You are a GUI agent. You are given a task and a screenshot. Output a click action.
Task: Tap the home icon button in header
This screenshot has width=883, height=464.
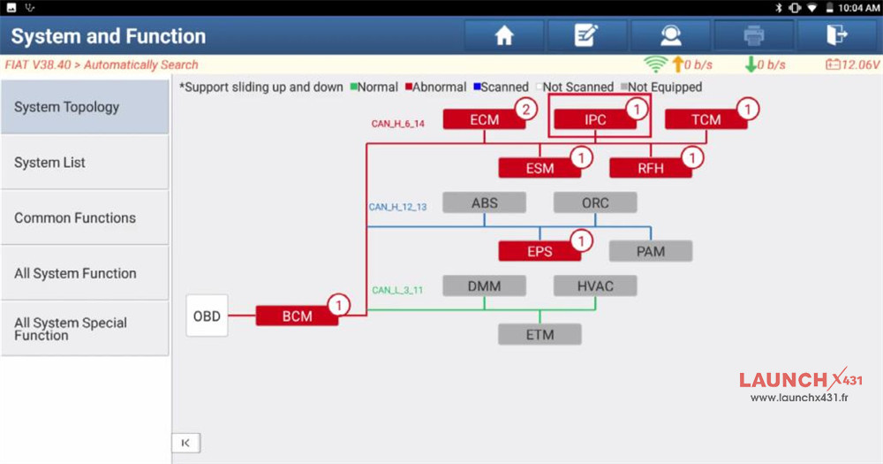tap(504, 36)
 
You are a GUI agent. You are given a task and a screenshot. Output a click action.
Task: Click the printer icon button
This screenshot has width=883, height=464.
tap(753, 36)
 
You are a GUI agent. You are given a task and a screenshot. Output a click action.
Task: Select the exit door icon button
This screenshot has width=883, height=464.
tap(835, 36)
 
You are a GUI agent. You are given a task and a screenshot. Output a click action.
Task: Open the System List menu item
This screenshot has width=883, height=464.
tap(85, 163)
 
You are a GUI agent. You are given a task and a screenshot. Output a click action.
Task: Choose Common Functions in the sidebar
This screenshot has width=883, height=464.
tap(85, 218)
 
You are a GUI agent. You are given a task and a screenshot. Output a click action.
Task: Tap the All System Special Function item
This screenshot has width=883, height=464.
tap(85, 329)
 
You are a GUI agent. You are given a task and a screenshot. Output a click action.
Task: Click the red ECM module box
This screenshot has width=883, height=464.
tap(484, 120)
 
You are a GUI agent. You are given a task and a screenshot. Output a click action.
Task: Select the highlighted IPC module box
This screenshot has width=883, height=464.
tap(595, 120)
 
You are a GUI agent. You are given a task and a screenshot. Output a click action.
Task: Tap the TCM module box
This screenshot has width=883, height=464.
tap(706, 120)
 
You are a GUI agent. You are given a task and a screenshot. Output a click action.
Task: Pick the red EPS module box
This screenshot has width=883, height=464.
tap(540, 252)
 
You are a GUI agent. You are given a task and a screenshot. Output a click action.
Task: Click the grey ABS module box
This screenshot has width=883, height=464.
tap(484, 202)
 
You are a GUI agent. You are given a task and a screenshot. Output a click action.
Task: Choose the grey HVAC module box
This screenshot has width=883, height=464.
tap(595, 285)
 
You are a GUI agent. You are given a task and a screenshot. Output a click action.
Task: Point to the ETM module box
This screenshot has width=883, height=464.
tap(540, 335)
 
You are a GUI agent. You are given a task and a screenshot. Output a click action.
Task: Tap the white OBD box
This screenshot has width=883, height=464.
tap(207, 316)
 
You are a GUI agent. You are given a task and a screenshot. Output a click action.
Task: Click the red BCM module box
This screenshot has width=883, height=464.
tap(297, 316)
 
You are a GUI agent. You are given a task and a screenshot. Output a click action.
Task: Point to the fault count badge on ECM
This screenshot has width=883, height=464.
tap(526, 110)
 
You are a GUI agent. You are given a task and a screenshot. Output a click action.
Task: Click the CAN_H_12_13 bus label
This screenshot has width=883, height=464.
tap(397, 207)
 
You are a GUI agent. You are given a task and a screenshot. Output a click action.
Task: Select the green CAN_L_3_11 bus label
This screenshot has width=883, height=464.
tap(396, 290)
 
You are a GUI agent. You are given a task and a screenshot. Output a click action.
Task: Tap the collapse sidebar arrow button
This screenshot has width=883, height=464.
tap(185, 443)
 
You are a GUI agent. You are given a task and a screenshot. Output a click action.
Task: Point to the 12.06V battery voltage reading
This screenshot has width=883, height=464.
tap(853, 65)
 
